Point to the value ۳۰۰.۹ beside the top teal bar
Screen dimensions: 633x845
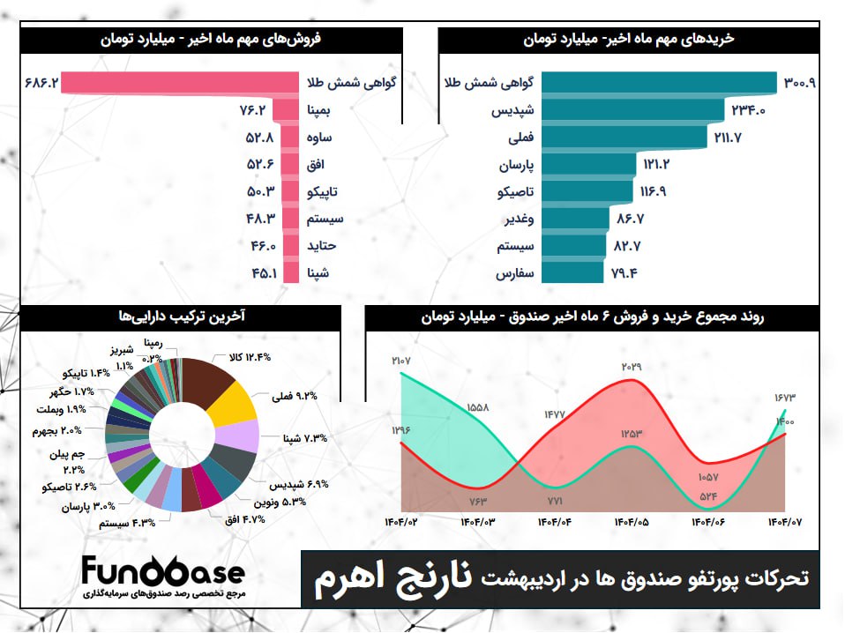[798, 83]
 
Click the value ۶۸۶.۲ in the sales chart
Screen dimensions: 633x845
[42, 83]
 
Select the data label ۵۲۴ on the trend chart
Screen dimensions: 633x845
[709, 496]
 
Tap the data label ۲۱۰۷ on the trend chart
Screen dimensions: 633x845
[402, 360]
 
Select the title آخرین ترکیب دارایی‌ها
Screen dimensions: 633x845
[182, 315]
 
